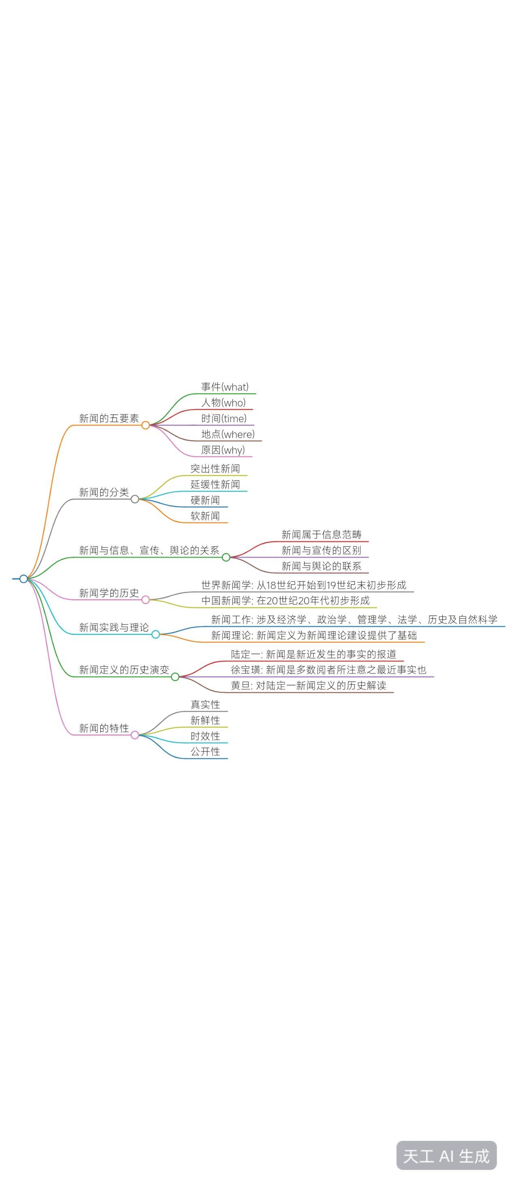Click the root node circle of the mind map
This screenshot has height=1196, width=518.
pos(23,579)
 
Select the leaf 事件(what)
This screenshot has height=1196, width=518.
pos(225,387)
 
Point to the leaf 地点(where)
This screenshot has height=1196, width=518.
pos(228,434)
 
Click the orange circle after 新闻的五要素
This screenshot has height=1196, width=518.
pos(146,425)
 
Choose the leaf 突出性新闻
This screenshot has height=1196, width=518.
pos(215,468)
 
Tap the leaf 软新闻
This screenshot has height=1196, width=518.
pos(205,516)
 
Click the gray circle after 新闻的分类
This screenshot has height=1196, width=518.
pos(135,499)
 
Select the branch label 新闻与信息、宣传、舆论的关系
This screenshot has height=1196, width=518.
pos(149,550)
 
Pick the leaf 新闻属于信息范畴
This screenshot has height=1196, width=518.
pos(321,534)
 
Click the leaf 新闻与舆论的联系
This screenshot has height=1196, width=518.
pos(321,566)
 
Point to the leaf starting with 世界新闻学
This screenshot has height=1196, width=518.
pos(304,585)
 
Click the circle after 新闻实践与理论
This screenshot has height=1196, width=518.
pos(155,634)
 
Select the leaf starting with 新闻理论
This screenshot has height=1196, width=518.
pos(314,635)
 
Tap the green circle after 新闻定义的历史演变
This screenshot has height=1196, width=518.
pos(175,677)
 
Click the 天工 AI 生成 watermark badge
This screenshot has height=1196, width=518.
pos(446,1156)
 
